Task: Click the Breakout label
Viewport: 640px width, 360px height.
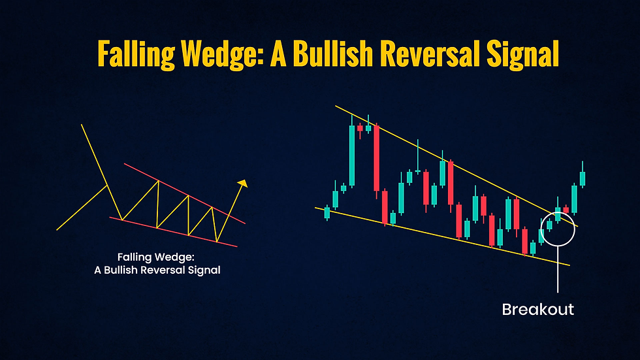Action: tap(537, 309)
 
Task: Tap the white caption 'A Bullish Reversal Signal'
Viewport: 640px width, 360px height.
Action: tap(157, 269)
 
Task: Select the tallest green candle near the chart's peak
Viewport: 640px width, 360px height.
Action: tap(352, 155)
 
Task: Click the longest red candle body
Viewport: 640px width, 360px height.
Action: tap(376, 157)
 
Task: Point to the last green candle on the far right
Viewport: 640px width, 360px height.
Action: tap(583, 178)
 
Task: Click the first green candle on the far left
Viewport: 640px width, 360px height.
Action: tap(327, 212)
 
